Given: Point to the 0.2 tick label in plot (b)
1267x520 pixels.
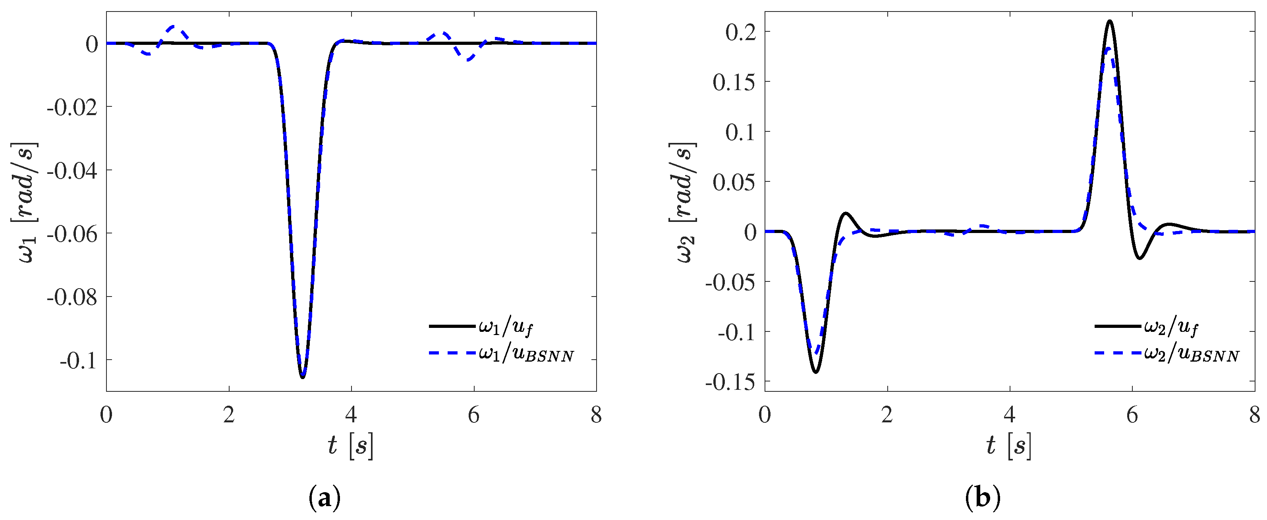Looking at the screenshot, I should (x=740, y=33).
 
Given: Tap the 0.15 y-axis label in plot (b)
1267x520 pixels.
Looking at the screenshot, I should (x=733, y=83).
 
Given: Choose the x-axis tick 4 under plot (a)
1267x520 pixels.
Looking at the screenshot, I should (x=351, y=415).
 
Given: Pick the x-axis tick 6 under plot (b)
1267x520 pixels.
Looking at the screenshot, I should (x=1132, y=415).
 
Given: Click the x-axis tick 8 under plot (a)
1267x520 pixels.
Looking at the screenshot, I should (x=596, y=415).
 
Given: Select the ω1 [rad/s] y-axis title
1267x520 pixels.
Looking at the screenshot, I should (x=25, y=202).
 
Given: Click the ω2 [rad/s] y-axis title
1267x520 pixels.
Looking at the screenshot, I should (x=683, y=202).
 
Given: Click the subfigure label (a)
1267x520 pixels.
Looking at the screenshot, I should (x=324, y=499).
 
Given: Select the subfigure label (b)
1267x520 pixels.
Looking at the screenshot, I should (x=982, y=499).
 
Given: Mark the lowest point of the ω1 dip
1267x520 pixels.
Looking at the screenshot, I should (x=303, y=377).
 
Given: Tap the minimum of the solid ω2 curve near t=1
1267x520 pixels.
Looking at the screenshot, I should (x=815, y=372).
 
